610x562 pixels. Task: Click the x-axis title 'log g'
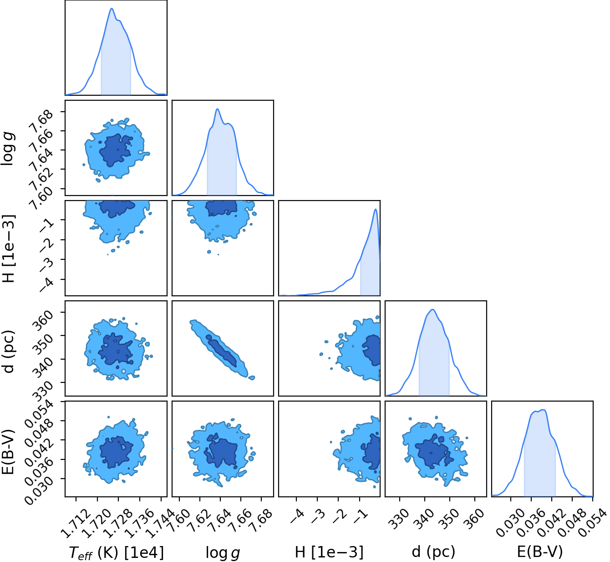[x=223, y=552]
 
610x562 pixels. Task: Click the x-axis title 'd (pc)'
[x=433, y=551]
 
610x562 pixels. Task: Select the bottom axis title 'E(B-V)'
[x=540, y=551]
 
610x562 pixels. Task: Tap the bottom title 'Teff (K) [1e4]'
[x=116, y=552]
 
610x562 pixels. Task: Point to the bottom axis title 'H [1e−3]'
[x=329, y=551]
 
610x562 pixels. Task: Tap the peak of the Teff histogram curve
[x=112, y=8]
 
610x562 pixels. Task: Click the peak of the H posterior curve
[x=376, y=209]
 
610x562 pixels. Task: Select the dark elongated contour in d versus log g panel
[x=221, y=351]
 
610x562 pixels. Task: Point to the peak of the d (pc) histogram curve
[x=432, y=310]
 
